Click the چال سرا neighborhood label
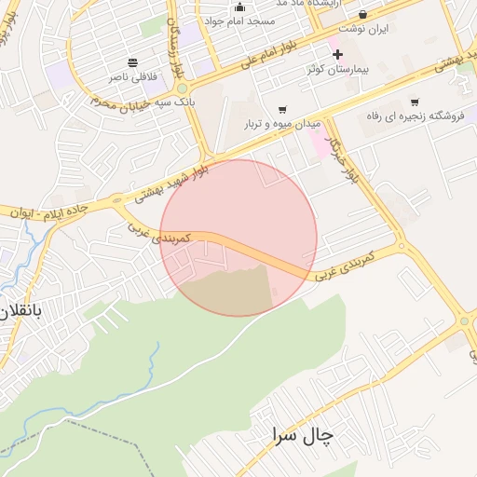tap(304, 434)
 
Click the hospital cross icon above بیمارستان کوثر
tap(337, 55)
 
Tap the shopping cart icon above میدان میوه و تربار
tap(281, 108)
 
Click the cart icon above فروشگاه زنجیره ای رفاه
tap(415, 102)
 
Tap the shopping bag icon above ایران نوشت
tap(361, 14)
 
